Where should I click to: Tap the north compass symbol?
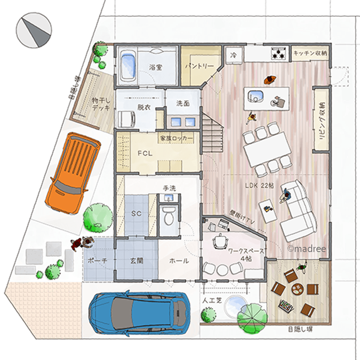coord(34,30)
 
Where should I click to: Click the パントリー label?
coord(199,66)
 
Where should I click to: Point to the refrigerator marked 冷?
coord(234,55)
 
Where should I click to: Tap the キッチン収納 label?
coord(310,53)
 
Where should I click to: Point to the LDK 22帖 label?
coord(260,185)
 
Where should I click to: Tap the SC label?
coord(136,214)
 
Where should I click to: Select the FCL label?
coord(145,153)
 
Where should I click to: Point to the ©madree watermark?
coord(307,249)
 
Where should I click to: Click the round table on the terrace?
coord(298,289)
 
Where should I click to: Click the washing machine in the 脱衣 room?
coord(126,119)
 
